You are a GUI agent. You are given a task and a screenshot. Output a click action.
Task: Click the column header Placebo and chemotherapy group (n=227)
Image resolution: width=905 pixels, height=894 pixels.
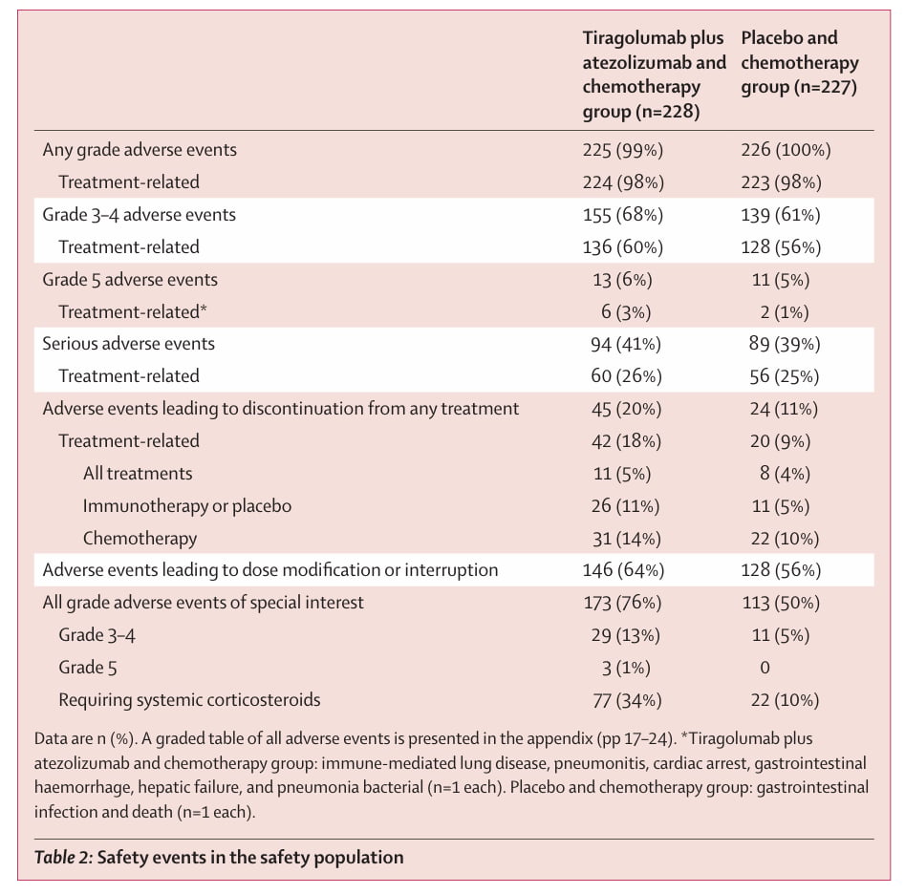[799, 62]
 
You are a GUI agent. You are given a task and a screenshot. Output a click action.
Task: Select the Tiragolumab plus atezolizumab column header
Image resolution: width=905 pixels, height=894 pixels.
[654, 74]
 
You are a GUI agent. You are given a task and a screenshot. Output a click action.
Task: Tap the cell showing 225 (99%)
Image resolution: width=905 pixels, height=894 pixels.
[623, 150]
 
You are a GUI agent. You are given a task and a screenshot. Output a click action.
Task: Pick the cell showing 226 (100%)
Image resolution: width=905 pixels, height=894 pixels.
[786, 150]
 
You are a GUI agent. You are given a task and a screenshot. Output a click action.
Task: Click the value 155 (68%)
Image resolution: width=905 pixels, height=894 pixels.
[623, 215]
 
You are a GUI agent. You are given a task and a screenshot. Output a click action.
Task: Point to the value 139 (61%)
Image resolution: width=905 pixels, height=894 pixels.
[781, 215]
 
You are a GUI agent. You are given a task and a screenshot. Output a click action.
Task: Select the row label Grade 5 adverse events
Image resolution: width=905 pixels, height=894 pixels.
[130, 280]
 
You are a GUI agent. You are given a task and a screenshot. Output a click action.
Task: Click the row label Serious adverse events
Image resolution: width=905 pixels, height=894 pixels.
[128, 344]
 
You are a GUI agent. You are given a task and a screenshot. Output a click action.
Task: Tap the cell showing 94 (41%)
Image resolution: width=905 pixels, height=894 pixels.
[625, 345]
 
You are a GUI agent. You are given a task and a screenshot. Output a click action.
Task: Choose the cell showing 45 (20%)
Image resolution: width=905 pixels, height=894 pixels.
[626, 409]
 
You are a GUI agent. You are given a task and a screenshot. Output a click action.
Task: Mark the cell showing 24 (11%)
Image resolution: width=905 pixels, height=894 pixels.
[784, 409]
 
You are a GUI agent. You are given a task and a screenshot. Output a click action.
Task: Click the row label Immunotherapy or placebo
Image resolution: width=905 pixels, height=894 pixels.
[187, 506]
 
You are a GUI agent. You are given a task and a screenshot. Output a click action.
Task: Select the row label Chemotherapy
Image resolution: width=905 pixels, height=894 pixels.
[140, 538]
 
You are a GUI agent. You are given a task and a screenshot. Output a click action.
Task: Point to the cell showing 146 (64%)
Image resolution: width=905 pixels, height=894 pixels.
[623, 570]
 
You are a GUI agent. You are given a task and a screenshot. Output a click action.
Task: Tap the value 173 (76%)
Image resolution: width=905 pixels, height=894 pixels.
[622, 603]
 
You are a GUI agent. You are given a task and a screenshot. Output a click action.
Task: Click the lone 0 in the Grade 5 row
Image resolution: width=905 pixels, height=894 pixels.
[765, 668]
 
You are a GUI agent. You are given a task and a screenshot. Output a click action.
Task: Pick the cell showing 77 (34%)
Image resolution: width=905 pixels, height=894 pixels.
[627, 700]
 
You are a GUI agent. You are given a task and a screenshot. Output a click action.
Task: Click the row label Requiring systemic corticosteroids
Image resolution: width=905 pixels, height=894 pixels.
[189, 700]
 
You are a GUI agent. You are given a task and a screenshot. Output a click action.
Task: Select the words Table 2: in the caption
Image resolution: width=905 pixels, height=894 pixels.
[63, 857]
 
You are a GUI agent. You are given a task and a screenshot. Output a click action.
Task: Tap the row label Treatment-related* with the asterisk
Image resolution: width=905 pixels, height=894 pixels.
[133, 312]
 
